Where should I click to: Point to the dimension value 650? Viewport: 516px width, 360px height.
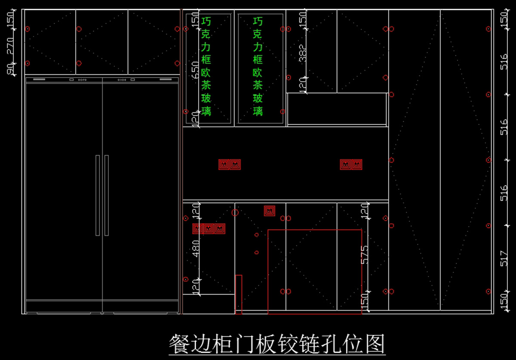[x=196, y=69]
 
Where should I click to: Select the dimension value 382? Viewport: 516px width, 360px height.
[x=303, y=53]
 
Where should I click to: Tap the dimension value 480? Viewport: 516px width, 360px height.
[x=196, y=248]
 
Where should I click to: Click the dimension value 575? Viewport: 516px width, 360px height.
[x=365, y=255]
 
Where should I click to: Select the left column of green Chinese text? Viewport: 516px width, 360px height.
[x=206, y=66]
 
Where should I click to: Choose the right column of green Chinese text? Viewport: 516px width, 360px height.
[x=258, y=66]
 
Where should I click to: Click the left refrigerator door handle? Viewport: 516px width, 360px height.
[x=98, y=195]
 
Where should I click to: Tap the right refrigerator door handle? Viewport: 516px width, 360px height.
[x=107, y=195]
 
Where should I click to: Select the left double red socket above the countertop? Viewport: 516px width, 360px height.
[x=230, y=164]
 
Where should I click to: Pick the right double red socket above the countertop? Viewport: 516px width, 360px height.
[x=351, y=164]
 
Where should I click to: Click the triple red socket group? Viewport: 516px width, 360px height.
[x=209, y=228]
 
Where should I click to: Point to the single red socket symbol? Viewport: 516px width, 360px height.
[x=270, y=211]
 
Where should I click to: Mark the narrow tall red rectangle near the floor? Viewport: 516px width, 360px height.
[x=238, y=294]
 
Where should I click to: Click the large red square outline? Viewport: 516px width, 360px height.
[x=315, y=271]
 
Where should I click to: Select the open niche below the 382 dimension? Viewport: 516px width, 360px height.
[x=337, y=109]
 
